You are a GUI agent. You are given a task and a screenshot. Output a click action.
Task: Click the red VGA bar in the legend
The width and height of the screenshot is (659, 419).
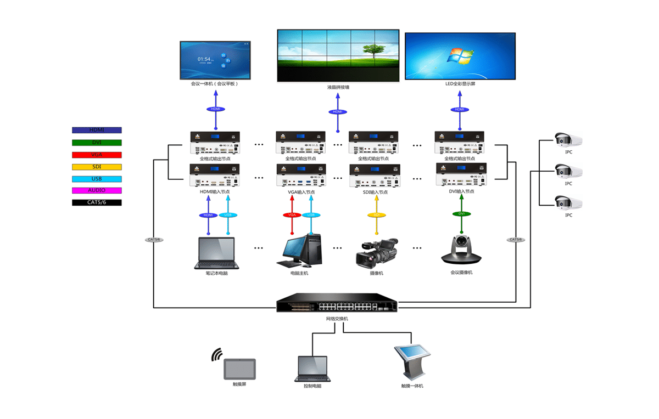point(97,155)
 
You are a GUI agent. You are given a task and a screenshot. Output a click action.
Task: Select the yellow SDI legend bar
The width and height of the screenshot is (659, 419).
point(97,167)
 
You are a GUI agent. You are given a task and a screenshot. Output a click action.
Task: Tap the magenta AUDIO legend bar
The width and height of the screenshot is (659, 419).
point(97,190)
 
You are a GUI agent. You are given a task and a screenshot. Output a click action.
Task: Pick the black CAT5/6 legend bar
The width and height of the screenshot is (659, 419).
point(97,202)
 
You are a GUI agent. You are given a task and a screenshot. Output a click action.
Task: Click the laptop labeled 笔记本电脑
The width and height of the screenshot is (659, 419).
point(216,253)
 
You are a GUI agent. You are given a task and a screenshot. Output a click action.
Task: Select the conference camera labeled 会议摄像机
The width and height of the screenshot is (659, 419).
point(462,250)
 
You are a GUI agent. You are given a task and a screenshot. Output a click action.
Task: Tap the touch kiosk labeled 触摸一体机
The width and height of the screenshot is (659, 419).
point(412,362)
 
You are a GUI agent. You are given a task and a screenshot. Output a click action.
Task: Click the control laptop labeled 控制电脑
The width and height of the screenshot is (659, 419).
point(312,369)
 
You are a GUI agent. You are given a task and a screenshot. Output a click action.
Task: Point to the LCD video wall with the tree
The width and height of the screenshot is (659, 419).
point(337,55)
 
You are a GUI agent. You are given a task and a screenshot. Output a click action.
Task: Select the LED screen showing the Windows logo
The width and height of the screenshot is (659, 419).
point(461,56)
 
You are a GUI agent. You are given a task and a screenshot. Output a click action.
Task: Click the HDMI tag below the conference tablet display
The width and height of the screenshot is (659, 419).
point(215,109)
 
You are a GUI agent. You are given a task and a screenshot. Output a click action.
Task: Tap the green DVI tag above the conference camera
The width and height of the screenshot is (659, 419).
point(461,214)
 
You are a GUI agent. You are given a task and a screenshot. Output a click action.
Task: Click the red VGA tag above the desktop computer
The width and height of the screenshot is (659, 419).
point(292,215)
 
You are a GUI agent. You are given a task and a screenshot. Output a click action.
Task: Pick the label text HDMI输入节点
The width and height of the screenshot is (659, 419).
point(215,192)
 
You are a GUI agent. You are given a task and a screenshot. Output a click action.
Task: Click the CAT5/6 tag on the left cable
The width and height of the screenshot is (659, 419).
point(154,240)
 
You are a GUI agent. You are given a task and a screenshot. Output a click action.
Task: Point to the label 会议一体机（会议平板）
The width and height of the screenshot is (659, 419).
point(214,84)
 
